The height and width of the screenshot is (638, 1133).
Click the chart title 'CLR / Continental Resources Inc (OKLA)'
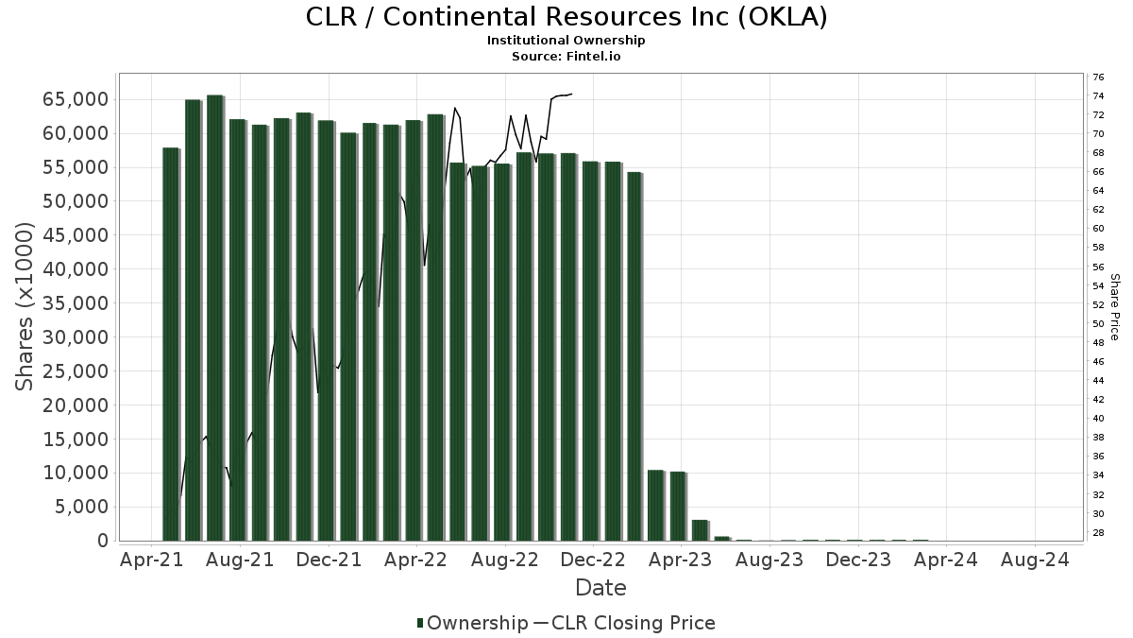566,17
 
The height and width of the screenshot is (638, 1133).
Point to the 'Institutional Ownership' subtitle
566,41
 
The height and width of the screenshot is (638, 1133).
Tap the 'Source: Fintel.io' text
566,56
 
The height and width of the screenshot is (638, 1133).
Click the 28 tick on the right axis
1098,533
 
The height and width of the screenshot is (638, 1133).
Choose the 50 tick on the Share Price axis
1098,324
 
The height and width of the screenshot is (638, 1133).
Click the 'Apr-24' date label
947,560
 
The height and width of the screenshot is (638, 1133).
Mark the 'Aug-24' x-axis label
1036,560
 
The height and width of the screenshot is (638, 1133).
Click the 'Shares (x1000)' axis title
25,307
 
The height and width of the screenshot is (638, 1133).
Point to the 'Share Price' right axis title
1115,307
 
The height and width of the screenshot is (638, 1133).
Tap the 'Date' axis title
600,588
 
